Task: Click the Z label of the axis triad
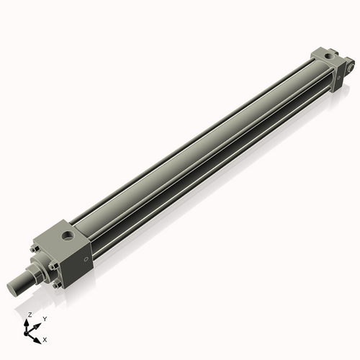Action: point(30,315)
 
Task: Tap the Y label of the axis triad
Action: point(44,319)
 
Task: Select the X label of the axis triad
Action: point(45,338)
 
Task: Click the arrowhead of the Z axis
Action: point(29,322)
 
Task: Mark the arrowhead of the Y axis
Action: point(38,324)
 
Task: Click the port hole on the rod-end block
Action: point(66,235)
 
